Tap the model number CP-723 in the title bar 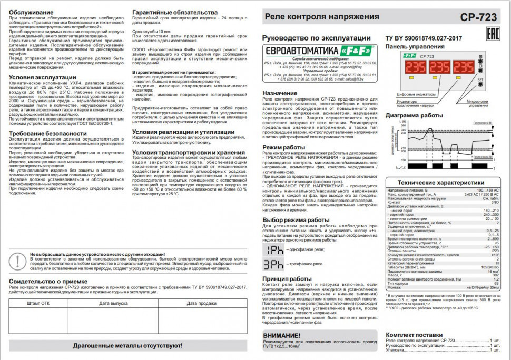[x=478, y=17]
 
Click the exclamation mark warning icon [x=18, y=259]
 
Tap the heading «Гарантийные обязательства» [x=174, y=12]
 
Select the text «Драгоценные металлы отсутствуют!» [x=128, y=346]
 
